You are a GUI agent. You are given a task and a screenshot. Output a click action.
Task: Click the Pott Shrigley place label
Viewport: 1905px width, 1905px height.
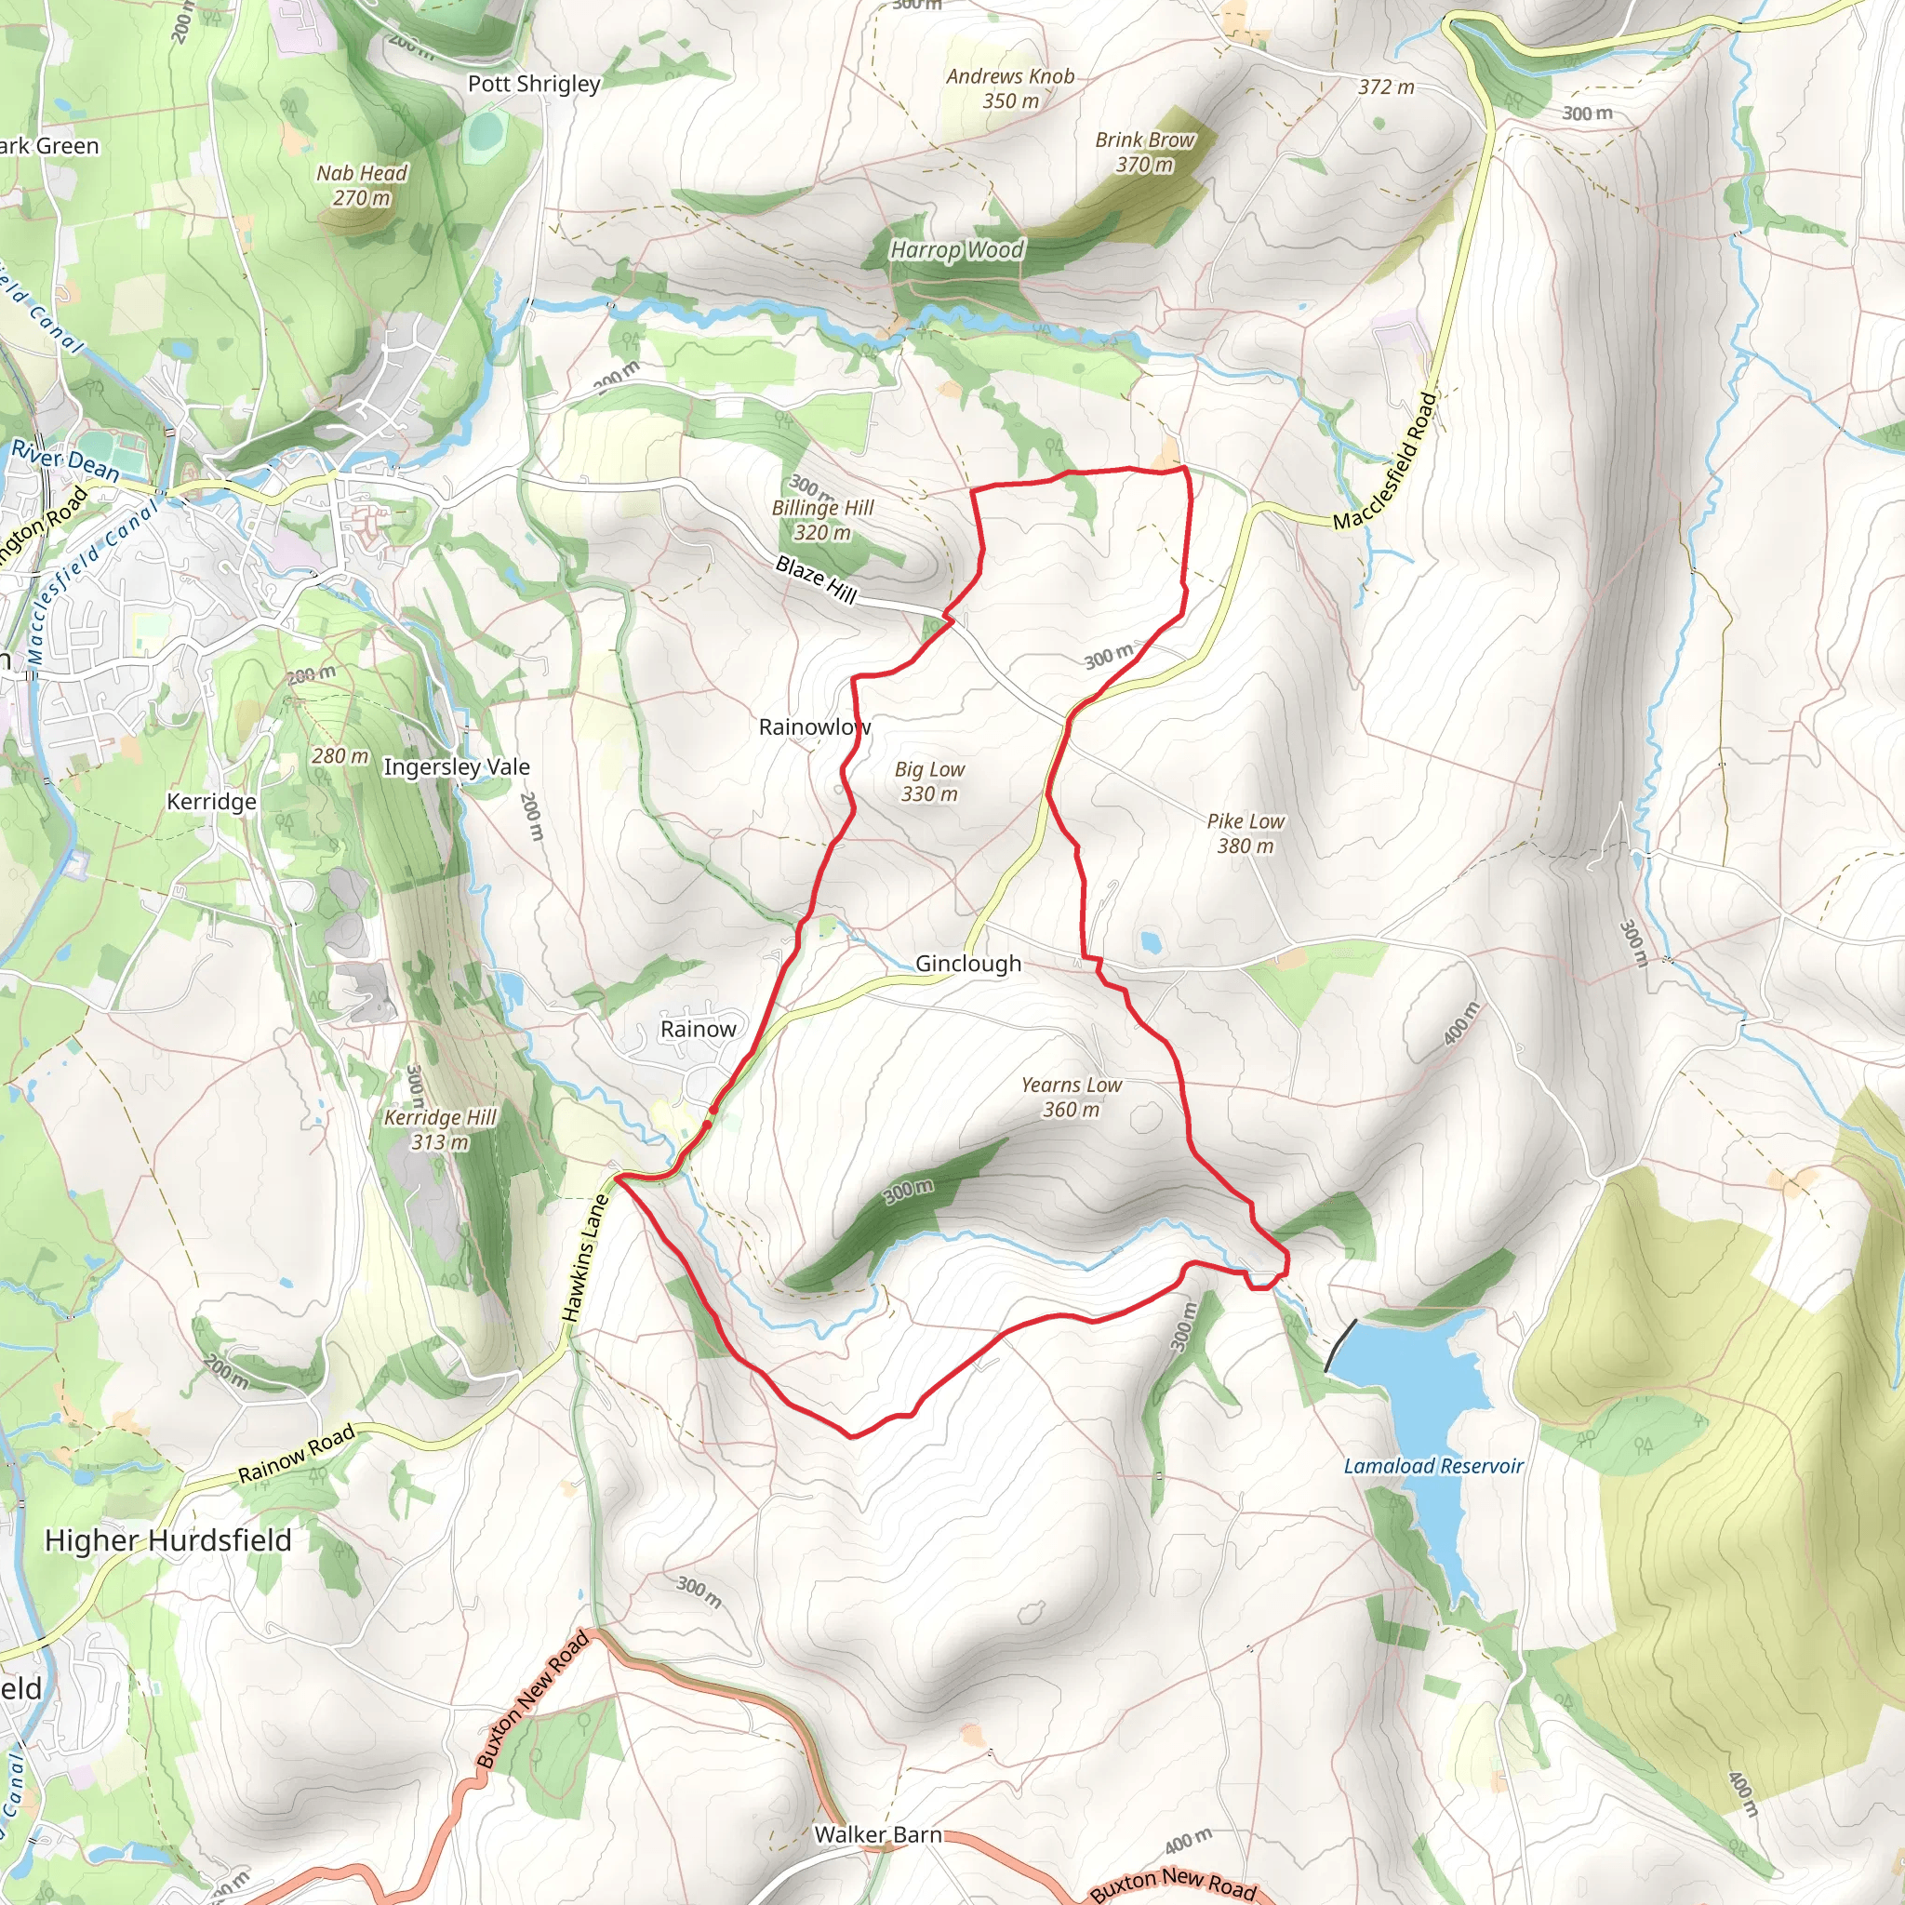click(x=533, y=84)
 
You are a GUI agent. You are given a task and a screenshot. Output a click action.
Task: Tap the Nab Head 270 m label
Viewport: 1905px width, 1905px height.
click(x=361, y=185)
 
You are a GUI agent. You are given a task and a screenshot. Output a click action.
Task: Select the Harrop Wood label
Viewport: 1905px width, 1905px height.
click(x=956, y=250)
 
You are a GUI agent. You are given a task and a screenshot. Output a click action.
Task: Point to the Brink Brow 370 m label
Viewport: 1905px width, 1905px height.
click(x=1144, y=152)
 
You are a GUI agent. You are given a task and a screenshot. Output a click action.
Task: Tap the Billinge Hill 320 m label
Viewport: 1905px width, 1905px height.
click(x=822, y=520)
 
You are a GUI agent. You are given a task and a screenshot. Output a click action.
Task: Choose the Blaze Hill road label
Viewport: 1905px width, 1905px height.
click(x=816, y=579)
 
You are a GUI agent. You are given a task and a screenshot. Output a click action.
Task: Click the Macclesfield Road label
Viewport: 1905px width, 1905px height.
click(x=1385, y=460)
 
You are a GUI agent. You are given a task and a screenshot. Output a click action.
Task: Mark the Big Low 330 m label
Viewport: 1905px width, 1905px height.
click(x=929, y=781)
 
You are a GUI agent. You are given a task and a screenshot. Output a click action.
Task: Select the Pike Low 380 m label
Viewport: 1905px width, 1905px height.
click(x=1245, y=833)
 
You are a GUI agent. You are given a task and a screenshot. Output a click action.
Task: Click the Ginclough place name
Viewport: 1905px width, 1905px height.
click(x=967, y=964)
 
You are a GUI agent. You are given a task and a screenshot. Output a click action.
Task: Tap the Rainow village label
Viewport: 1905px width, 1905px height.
click(x=699, y=1029)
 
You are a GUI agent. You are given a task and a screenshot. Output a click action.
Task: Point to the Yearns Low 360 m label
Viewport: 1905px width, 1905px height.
click(x=1071, y=1097)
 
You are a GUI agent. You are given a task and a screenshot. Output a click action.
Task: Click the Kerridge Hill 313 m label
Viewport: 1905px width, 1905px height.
click(x=440, y=1129)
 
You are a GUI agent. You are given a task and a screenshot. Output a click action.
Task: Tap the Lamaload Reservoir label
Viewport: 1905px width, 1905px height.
click(x=1432, y=1466)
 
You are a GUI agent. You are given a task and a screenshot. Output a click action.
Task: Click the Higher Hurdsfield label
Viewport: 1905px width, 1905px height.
click(x=168, y=1540)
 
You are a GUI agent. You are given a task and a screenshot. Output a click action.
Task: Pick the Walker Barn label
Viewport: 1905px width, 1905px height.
click(x=877, y=1834)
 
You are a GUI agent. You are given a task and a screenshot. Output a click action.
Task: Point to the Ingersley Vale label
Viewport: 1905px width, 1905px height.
click(x=456, y=766)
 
